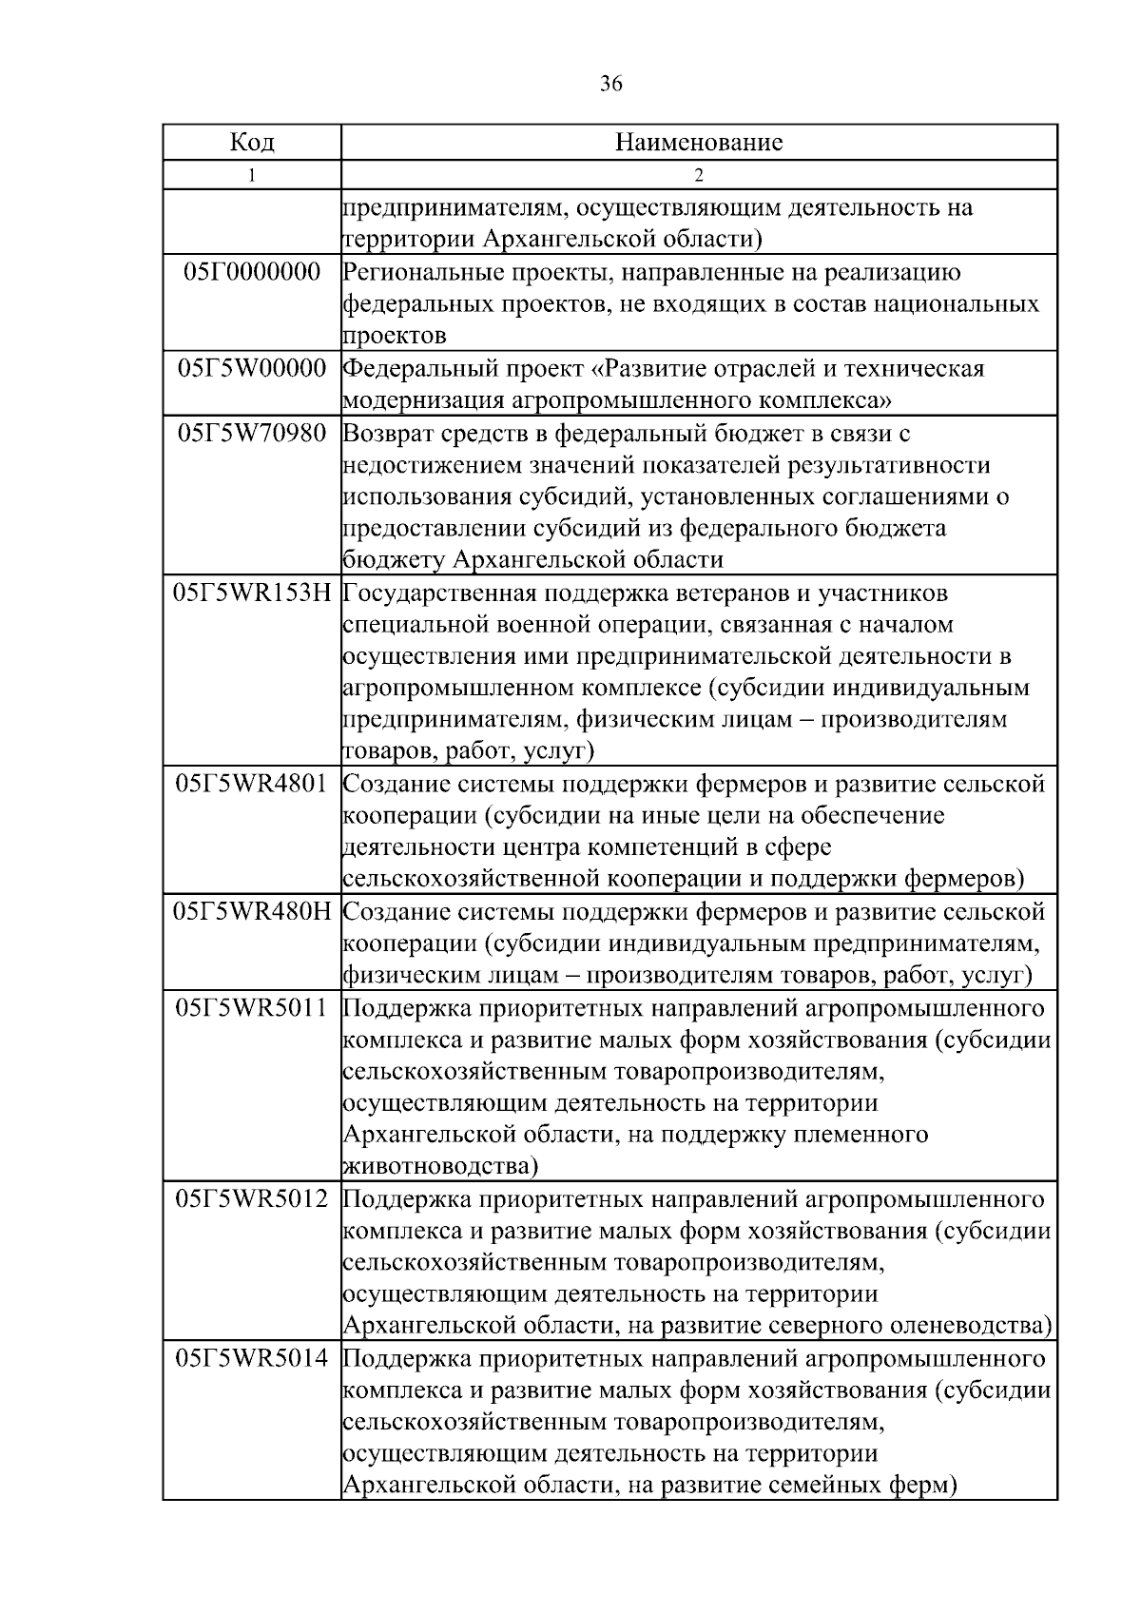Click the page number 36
(x=611, y=85)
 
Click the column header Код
(x=252, y=143)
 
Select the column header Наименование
(x=699, y=143)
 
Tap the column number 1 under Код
(x=252, y=175)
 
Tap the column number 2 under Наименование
(x=699, y=175)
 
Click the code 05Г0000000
(x=252, y=272)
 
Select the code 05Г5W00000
(x=252, y=368)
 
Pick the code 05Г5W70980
(x=252, y=433)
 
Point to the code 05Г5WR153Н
(x=252, y=593)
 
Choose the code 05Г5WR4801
(x=252, y=784)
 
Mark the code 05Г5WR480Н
(x=252, y=911)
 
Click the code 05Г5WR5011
(x=252, y=1007)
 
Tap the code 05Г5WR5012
(x=252, y=1198)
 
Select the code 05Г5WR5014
(x=252, y=1358)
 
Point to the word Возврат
(x=386, y=434)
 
